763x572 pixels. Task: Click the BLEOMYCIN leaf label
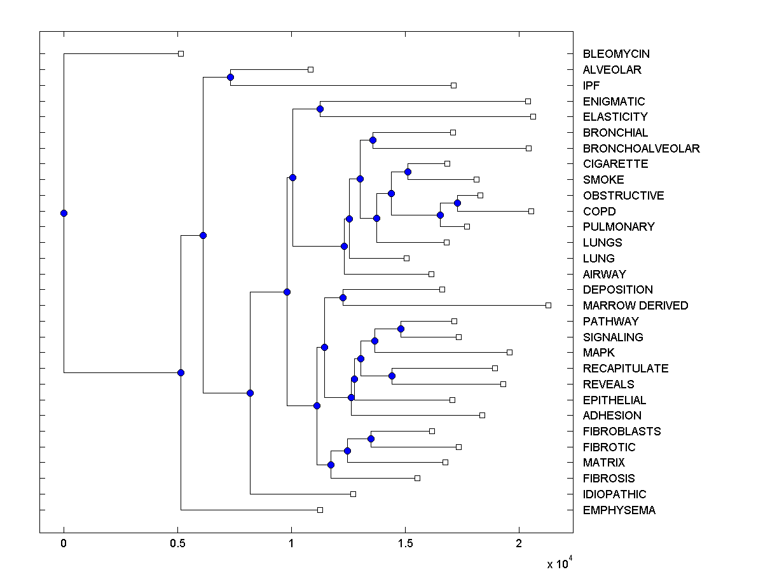[x=616, y=54]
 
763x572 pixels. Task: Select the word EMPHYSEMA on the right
[x=619, y=510]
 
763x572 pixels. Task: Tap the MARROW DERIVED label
[x=635, y=306]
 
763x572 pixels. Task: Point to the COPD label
[x=599, y=212]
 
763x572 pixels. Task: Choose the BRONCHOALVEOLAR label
[x=641, y=149]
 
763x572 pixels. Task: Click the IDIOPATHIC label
[x=614, y=494]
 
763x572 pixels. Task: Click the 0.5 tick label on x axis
[x=177, y=543]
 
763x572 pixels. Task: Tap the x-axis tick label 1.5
[x=405, y=543]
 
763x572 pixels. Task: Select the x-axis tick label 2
[x=519, y=543]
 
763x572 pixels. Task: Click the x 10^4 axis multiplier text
[x=560, y=564]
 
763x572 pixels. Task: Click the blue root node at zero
[x=64, y=213]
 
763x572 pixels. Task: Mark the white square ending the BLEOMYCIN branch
[x=181, y=53]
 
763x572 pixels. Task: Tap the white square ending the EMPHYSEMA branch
[x=320, y=510]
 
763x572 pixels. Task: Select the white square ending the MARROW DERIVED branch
[x=548, y=305]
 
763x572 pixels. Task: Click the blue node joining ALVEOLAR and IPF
[x=230, y=77]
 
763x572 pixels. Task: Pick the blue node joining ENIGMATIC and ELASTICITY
[x=320, y=109]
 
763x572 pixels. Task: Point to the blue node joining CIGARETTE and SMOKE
[x=408, y=172]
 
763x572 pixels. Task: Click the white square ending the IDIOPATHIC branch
[x=353, y=494]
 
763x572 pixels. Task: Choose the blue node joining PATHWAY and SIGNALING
[x=401, y=329]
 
